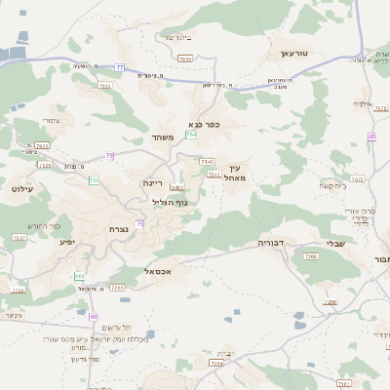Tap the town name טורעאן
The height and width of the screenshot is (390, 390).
293,54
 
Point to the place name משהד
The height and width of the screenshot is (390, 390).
163,137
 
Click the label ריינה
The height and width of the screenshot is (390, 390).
152,182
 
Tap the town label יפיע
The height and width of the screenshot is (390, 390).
67,241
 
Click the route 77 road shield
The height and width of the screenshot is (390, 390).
120,66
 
